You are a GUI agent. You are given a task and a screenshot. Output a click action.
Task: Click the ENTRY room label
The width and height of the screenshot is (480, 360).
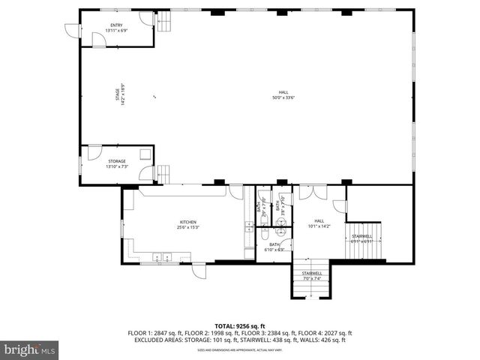coord(116,28)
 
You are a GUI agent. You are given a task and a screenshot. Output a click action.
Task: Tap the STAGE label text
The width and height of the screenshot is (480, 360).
coord(118,95)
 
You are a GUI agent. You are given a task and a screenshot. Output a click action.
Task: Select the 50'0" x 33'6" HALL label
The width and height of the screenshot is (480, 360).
coord(283,94)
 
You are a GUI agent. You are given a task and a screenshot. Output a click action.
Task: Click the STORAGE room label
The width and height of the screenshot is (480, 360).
coord(116,163)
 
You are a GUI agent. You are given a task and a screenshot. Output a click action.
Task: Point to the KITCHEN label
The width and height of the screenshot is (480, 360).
coord(187,224)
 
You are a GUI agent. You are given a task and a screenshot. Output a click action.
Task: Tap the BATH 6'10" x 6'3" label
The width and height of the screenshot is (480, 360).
coord(274,247)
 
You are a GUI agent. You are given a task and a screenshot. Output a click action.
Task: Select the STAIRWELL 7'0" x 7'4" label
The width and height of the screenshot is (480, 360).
coord(312,275)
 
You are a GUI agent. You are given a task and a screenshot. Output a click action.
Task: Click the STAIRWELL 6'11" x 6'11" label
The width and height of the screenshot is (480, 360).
coord(362,238)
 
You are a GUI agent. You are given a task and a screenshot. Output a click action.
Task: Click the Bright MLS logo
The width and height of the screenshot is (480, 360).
coord(30,349)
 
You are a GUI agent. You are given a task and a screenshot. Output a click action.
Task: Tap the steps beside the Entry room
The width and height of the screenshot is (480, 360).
coord(163,25)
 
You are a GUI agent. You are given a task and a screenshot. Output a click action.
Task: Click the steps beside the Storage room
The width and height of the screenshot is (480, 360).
coord(163,173)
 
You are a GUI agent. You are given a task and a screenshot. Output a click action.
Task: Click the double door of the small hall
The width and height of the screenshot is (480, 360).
coord(312,193)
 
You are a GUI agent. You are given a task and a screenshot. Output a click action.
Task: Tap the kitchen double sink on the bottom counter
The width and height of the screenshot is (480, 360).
coord(162,257)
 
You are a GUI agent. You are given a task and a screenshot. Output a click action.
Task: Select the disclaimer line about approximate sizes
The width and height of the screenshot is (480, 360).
coord(239,349)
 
